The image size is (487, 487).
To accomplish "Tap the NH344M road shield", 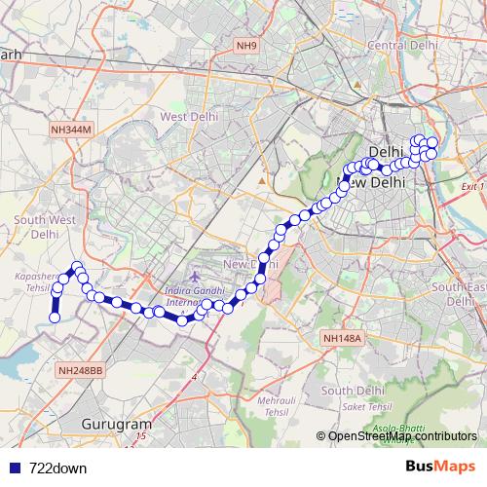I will (x=72, y=129).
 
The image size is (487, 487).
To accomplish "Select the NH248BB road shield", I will (x=80, y=370).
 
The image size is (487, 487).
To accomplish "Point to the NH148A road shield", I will (x=341, y=338).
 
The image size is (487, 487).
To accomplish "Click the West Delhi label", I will (x=187, y=117).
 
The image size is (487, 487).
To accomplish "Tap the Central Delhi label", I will (x=399, y=46).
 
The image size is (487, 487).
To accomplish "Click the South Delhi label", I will (x=348, y=391).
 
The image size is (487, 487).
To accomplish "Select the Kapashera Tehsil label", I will (x=34, y=282).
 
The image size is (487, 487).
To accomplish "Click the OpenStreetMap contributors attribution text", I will (x=402, y=437).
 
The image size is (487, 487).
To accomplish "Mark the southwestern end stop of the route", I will (x=55, y=318).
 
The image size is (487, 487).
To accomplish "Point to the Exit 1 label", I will (x=472, y=185).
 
